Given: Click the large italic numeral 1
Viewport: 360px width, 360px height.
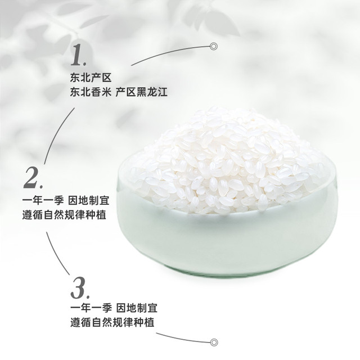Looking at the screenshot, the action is point(77,55).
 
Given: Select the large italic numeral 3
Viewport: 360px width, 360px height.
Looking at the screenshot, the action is point(79,288).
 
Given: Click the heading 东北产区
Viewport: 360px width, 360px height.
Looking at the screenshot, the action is point(91,78).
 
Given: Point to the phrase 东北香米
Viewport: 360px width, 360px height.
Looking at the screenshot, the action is point(91,92).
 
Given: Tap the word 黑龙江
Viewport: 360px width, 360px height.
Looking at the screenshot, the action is point(152,92).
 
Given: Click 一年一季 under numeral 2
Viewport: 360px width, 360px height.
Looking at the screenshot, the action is point(43,200).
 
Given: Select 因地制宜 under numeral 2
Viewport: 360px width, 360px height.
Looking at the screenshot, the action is point(89,200).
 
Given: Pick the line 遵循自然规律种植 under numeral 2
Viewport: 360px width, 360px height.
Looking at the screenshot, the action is point(64,215).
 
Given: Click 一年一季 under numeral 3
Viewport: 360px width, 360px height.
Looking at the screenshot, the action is point(91,308).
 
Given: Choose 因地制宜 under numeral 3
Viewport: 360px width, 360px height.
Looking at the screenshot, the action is point(137,308).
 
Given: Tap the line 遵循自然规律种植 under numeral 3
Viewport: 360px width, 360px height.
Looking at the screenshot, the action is point(112,322).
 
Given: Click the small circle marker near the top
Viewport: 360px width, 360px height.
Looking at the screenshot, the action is point(214,46).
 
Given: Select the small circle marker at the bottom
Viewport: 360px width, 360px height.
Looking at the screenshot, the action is point(214,343).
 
